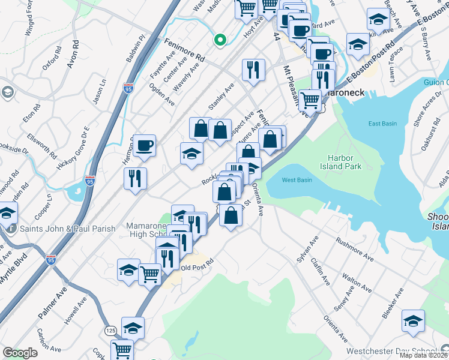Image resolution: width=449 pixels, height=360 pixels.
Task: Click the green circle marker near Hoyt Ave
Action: coord(220,40)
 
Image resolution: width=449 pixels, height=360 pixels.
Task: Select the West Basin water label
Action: coord(297,180)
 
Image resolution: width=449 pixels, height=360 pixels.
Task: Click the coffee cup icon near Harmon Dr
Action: coord(145,146)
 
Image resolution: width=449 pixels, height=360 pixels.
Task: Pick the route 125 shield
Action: coord(110,331)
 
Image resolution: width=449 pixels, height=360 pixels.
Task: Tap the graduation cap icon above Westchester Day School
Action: coord(414,321)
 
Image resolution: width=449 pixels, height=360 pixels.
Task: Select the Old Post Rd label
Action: coord(197,268)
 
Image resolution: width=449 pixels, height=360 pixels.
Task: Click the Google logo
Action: coord(20,353)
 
